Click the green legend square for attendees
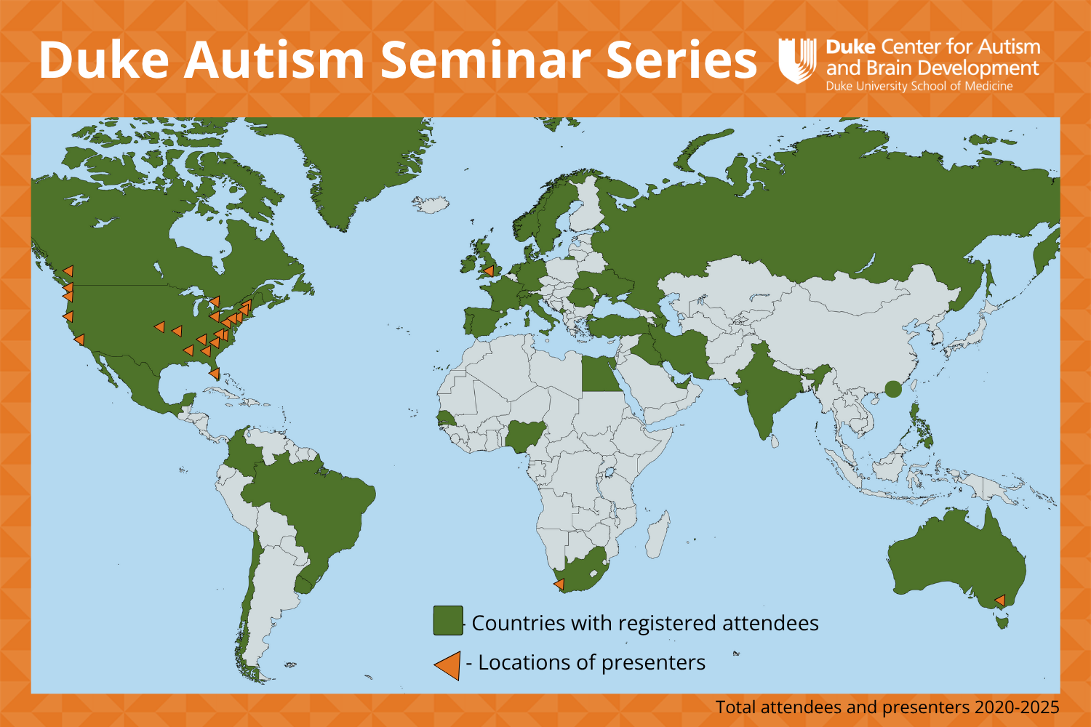(x=448, y=621)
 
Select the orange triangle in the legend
(x=449, y=664)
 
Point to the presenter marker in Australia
(x=1000, y=600)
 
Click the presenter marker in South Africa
(x=559, y=583)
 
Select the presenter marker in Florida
(x=215, y=373)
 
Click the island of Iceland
(x=433, y=204)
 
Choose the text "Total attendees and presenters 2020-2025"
(x=887, y=707)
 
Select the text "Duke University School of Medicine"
(x=919, y=87)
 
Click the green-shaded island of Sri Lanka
(x=775, y=441)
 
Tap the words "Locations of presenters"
(x=591, y=663)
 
